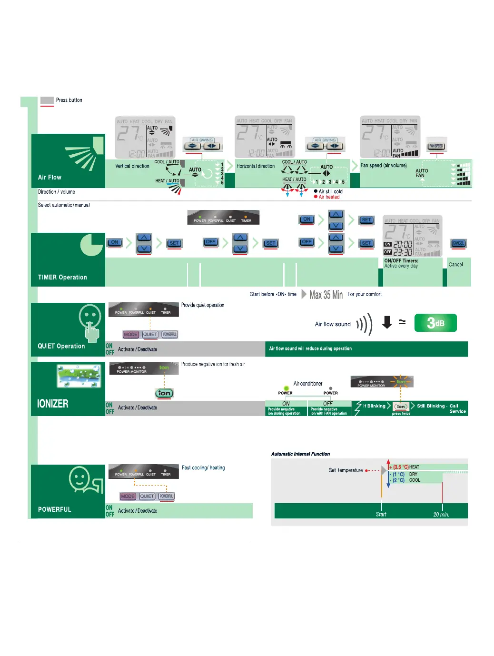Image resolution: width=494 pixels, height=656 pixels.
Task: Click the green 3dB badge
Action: (x=435, y=323)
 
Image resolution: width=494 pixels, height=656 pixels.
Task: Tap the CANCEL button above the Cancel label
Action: (x=458, y=243)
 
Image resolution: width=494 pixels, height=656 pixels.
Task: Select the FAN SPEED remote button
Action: (x=436, y=146)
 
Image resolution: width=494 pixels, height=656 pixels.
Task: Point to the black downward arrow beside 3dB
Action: (x=387, y=322)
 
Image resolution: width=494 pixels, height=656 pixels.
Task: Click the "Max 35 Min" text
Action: (x=326, y=295)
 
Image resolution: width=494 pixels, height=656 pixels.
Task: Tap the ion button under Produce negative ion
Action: (x=164, y=393)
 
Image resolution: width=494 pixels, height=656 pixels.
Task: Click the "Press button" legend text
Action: (x=69, y=100)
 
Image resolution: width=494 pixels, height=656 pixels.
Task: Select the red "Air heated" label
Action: (x=329, y=197)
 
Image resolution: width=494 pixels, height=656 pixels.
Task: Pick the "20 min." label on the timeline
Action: (x=441, y=515)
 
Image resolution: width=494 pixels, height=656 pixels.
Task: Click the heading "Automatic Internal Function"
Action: (x=300, y=454)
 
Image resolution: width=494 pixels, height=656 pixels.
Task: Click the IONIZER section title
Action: (x=53, y=404)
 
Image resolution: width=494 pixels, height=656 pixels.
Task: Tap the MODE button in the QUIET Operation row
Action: (x=130, y=335)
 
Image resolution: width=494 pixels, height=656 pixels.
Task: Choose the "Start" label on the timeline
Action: (x=381, y=515)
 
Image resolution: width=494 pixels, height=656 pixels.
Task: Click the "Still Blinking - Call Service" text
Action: (x=441, y=408)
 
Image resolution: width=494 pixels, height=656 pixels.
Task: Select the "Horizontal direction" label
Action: (x=256, y=166)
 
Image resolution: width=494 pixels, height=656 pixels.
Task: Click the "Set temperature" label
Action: (x=346, y=470)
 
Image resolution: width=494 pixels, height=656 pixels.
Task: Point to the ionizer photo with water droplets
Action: (x=79, y=376)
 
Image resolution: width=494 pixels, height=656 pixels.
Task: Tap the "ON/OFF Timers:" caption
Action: (x=401, y=261)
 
